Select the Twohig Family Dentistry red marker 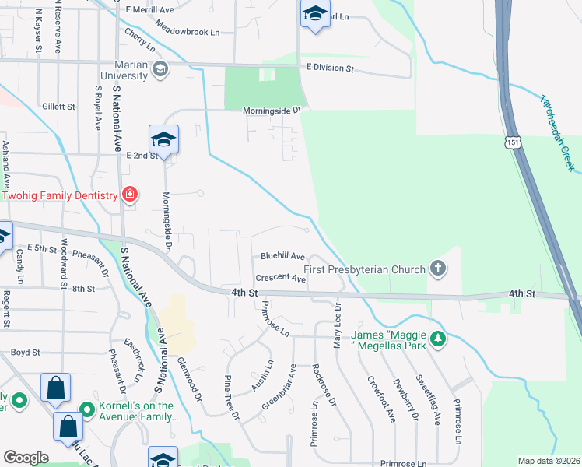pyautogui.click(x=130, y=195)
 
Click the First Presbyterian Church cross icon pyautogui.click(x=438, y=269)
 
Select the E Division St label pyautogui.click(x=330, y=68)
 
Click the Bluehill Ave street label pyautogui.click(x=282, y=255)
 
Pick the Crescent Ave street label pyautogui.click(x=281, y=278)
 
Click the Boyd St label pyautogui.click(x=25, y=353)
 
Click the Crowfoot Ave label pyautogui.click(x=382, y=400)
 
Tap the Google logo pyautogui.click(x=26, y=458)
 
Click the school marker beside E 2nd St pyautogui.click(x=164, y=140)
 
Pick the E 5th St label pyautogui.click(x=42, y=248)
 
